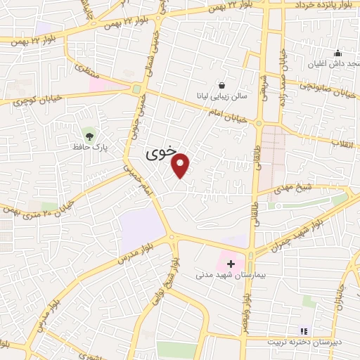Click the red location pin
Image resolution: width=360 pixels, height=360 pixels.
tap(181, 166)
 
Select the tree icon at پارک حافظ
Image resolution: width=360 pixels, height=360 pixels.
tap(89, 134)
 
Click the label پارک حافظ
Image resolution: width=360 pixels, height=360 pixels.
tap(89, 147)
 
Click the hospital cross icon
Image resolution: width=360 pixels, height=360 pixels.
tap(231, 263)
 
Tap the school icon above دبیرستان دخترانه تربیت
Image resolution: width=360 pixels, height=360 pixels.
tap(304, 330)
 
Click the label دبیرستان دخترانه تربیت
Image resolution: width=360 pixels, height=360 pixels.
tap(303, 342)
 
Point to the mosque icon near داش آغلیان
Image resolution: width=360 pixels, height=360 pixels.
tap(338, 53)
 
